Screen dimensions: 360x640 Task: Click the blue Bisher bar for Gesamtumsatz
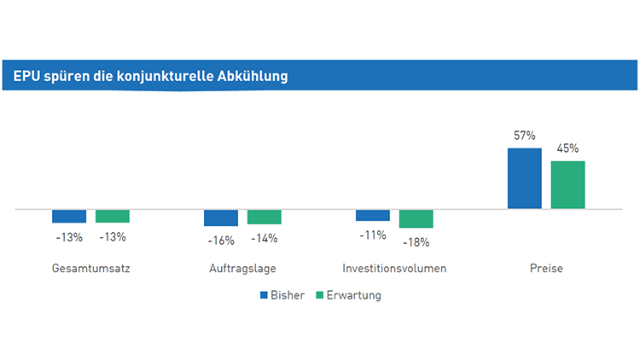point(69,216)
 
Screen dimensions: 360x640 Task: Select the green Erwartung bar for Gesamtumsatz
point(112,216)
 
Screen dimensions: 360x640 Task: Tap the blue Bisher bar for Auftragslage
point(221,218)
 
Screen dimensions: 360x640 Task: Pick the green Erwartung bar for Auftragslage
point(264,217)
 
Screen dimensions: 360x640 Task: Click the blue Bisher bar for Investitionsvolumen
point(373,215)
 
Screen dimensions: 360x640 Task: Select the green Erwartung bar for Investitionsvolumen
point(416,218)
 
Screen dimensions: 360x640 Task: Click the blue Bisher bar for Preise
point(524,178)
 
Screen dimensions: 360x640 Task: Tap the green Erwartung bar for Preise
point(567,184)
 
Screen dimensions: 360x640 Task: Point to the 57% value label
point(524,136)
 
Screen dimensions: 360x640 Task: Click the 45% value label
point(567,148)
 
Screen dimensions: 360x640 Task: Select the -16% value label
point(221,240)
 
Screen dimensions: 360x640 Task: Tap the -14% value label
point(264,238)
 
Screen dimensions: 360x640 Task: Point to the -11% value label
point(373,235)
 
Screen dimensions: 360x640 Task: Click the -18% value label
point(416,241)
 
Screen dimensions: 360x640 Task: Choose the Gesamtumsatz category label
point(90,269)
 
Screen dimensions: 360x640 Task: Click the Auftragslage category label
point(242,269)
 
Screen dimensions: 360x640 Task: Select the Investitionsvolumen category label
point(394,269)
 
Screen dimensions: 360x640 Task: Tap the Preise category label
point(546,269)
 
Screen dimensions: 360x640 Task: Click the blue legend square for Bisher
point(264,296)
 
